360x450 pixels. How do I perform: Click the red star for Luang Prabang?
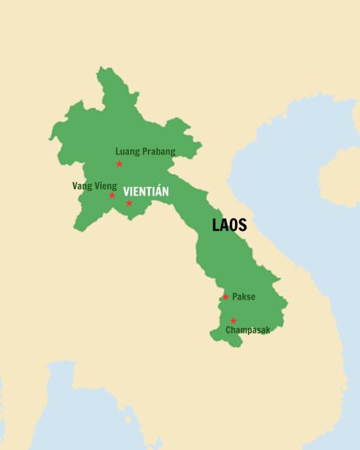click(119, 164)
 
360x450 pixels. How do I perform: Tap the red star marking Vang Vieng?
click(112, 196)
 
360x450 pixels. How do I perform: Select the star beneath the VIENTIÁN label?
click(129, 203)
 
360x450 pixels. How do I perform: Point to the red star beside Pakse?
click(225, 297)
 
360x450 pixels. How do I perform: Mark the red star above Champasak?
click(233, 320)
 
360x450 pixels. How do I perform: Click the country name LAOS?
click(229, 225)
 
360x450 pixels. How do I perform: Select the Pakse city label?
click(243, 297)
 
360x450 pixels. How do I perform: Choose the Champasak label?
click(247, 330)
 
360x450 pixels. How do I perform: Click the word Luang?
click(128, 152)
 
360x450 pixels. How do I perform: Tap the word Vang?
click(81, 186)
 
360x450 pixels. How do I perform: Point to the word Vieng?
click(105, 186)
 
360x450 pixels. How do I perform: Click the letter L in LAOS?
click(216, 225)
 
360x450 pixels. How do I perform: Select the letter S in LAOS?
click(242, 225)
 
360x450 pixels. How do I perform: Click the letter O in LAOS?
click(234, 225)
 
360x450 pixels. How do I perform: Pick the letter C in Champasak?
click(229, 330)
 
